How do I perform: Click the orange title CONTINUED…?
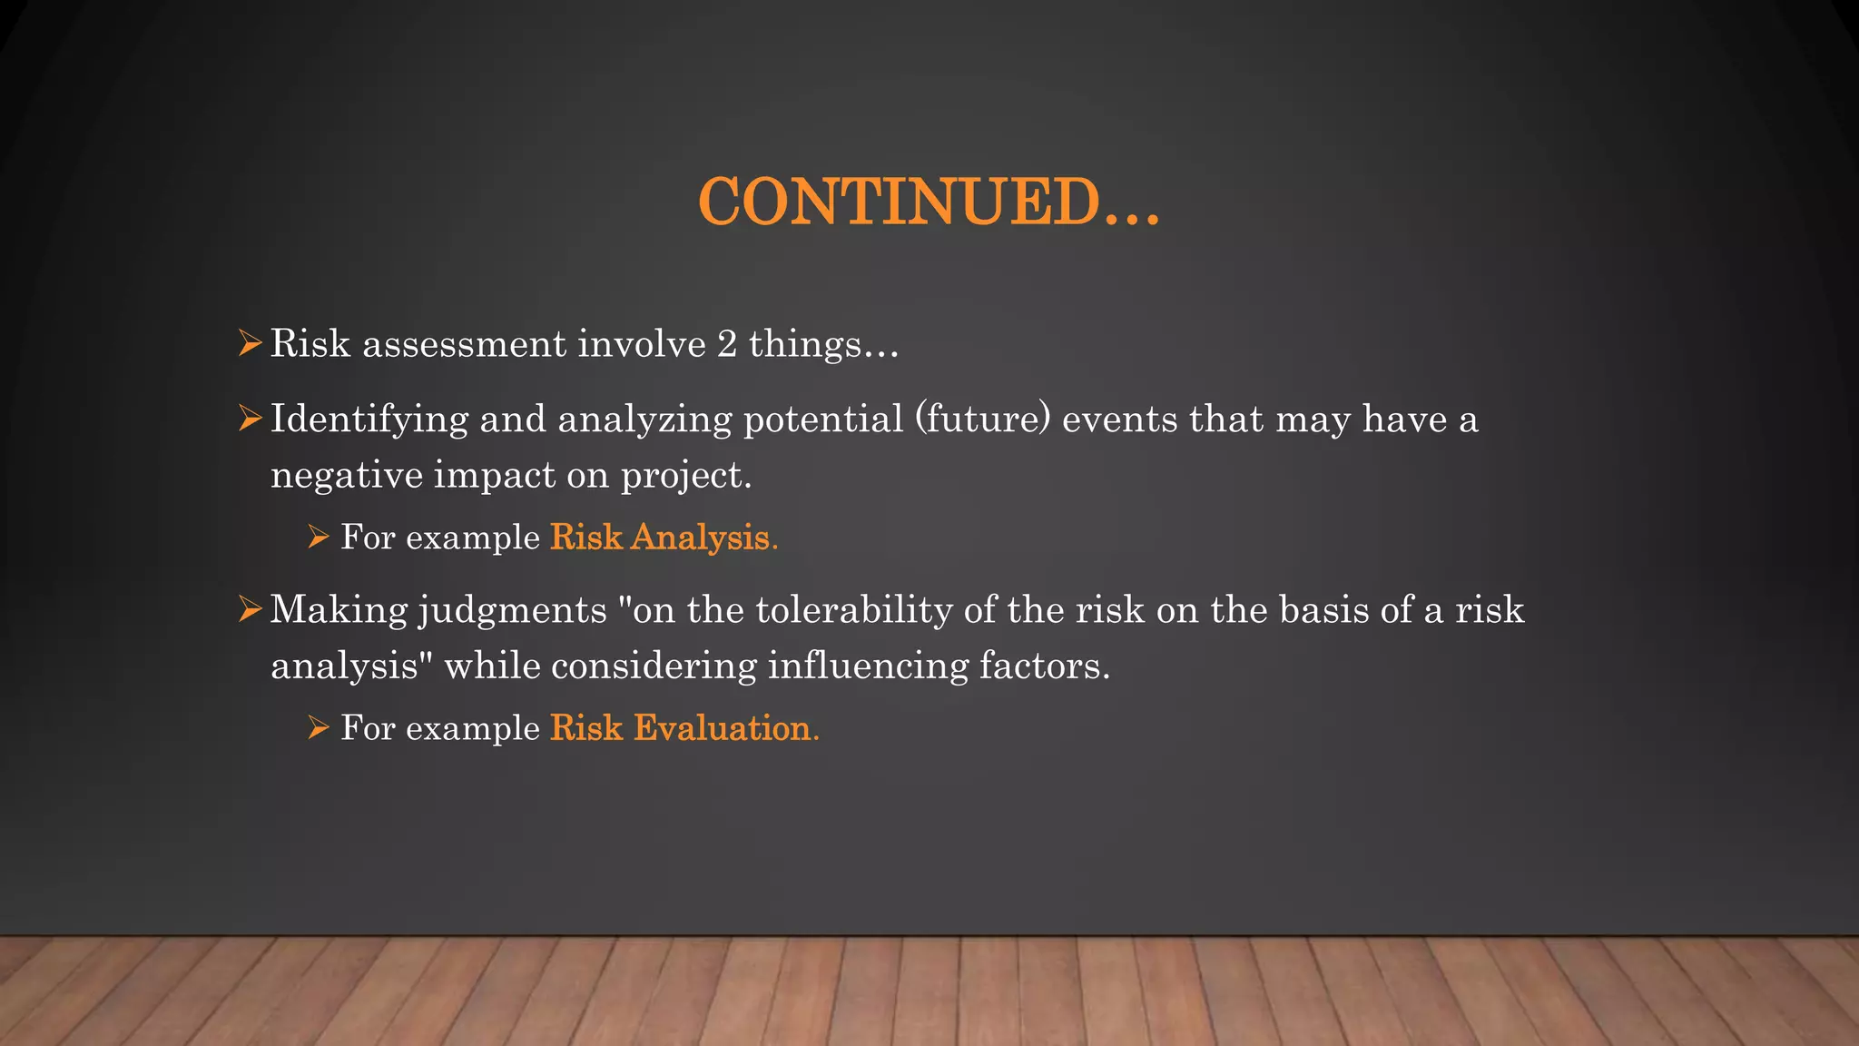click(929, 202)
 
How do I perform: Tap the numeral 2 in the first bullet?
click(727, 344)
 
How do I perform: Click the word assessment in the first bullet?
click(465, 344)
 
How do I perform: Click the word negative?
click(346, 476)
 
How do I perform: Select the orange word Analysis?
click(703, 538)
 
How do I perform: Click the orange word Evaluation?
click(724, 728)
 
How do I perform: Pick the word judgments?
click(512, 610)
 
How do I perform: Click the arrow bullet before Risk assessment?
click(250, 344)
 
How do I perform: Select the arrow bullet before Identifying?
click(250, 419)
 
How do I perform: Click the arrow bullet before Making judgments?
click(250, 609)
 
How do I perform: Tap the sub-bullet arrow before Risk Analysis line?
click(318, 538)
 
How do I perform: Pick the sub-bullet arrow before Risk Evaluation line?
click(318, 728)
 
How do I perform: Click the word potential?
click(823, 419)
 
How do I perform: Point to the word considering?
click(654, 666)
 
